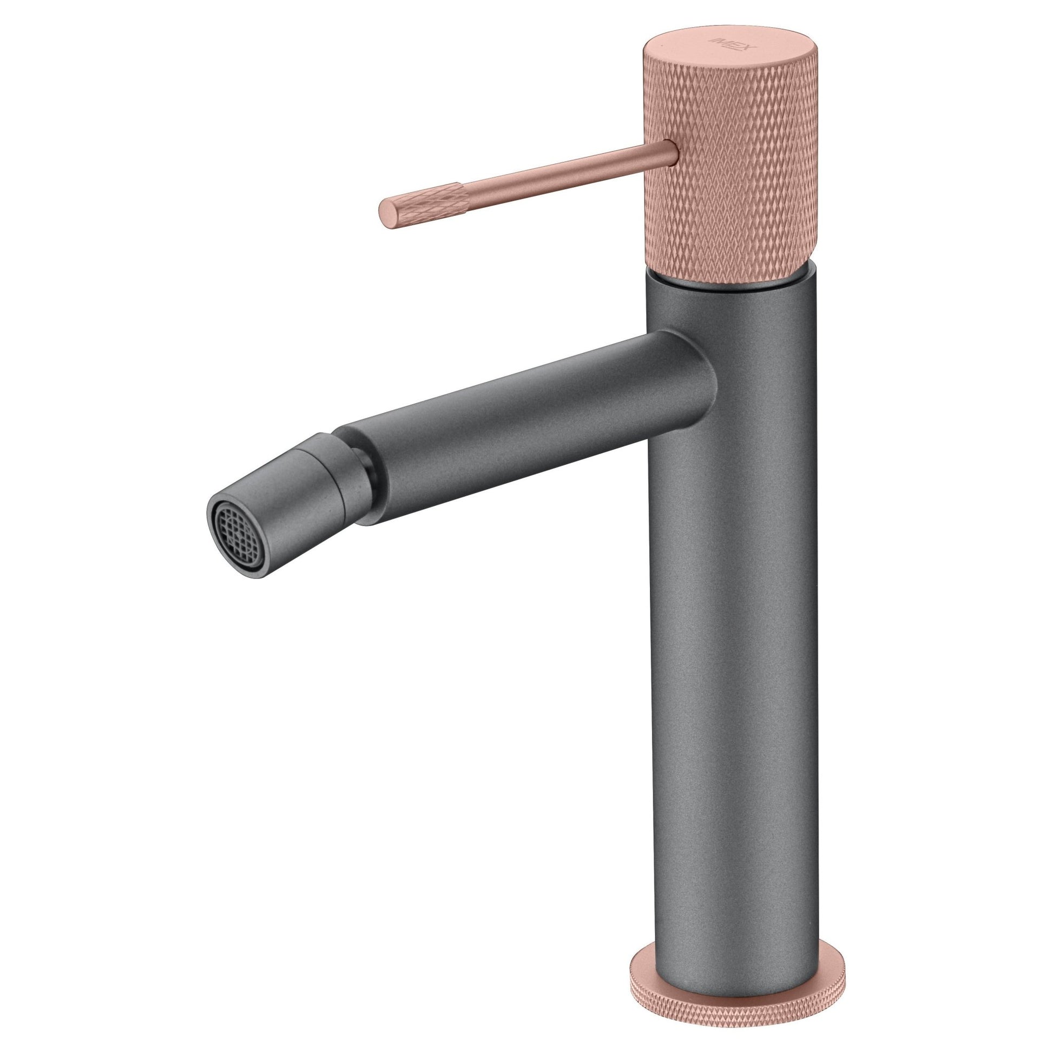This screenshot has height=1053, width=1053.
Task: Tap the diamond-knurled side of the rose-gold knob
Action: [730, 180]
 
